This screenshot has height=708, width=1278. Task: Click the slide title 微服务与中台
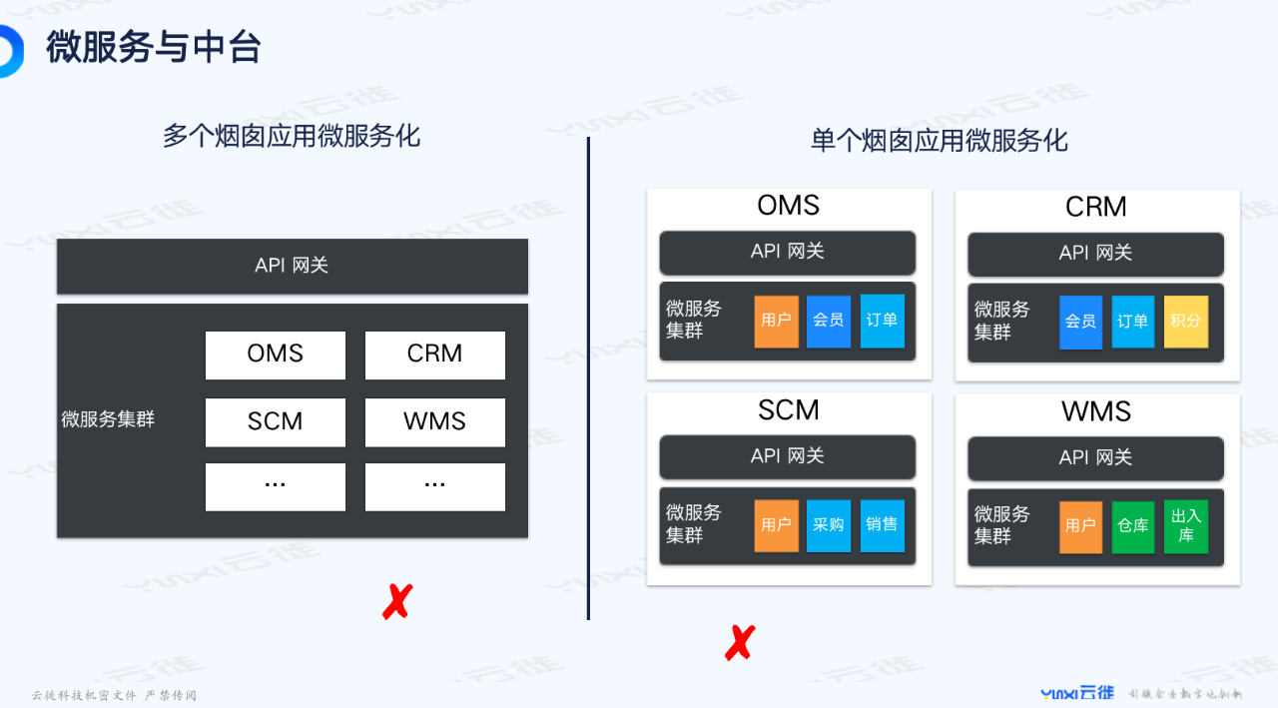(153, 47)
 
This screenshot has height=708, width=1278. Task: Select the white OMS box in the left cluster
(276, 354)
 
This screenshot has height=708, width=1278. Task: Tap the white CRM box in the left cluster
(435, 354)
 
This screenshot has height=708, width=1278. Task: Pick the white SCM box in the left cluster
(276, 421)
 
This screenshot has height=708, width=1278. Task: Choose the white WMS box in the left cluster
(435, 421)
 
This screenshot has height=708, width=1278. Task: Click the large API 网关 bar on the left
(292, 266)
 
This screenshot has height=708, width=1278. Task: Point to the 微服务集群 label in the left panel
(108, 419)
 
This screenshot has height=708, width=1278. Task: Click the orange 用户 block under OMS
(776, 321)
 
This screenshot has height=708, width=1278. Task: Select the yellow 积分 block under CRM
(1185, 322)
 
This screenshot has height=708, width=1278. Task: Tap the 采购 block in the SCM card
(828, 525)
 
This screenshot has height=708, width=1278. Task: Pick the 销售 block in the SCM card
(882, 525)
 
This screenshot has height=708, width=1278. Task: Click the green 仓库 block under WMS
(1132, 526)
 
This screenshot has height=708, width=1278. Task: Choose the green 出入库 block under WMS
(1185, 526)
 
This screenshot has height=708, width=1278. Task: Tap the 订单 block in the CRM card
(1132, 322)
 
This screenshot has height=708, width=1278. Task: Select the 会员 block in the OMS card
(828, 321)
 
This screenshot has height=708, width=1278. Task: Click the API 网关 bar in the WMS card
(1095, 457)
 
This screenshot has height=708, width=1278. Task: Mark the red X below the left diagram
(396, 602)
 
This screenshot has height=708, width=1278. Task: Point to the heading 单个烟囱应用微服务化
(940, 141)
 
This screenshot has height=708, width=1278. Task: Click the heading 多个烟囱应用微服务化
(292, 136)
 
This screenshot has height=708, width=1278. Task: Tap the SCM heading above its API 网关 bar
(788, 410)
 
